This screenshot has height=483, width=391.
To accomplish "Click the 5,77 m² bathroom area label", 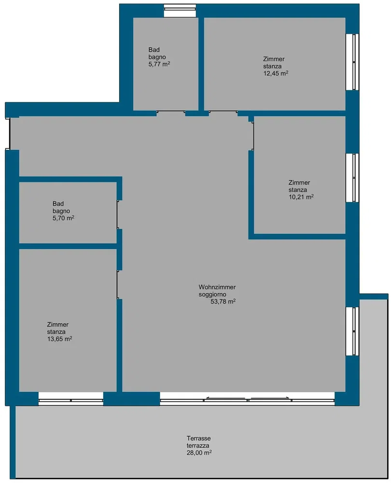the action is tap(159, 64).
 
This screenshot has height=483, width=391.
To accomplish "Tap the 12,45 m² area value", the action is tap(276, 73).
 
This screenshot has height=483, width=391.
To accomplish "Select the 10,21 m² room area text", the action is tap(301, 197).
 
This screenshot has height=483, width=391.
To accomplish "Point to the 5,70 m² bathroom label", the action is tap(63, 218).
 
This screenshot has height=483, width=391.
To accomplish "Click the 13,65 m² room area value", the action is tap(60, 339).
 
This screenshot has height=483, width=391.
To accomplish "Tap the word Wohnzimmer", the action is tap(217, 287).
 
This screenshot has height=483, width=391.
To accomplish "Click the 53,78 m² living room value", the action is tap(223, 301).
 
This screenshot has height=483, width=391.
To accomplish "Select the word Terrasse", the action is tap(198, 438).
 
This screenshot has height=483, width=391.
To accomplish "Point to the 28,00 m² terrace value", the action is tap(199, 453).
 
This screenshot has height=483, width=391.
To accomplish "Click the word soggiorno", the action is tap(212, 295).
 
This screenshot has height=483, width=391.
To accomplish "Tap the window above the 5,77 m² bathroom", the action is tap(180, 11).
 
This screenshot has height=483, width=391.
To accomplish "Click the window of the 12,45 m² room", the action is tap(352, 62).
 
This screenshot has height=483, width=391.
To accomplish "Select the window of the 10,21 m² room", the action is tap(352, 178).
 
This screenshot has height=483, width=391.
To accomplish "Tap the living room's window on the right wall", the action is tap(352, 331).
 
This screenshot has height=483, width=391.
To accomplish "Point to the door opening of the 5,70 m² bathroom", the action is tap(118, 215).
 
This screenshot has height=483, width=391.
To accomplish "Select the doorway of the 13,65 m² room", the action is tap(118, 285).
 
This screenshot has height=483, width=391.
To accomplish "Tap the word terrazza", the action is tap(198, 445).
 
